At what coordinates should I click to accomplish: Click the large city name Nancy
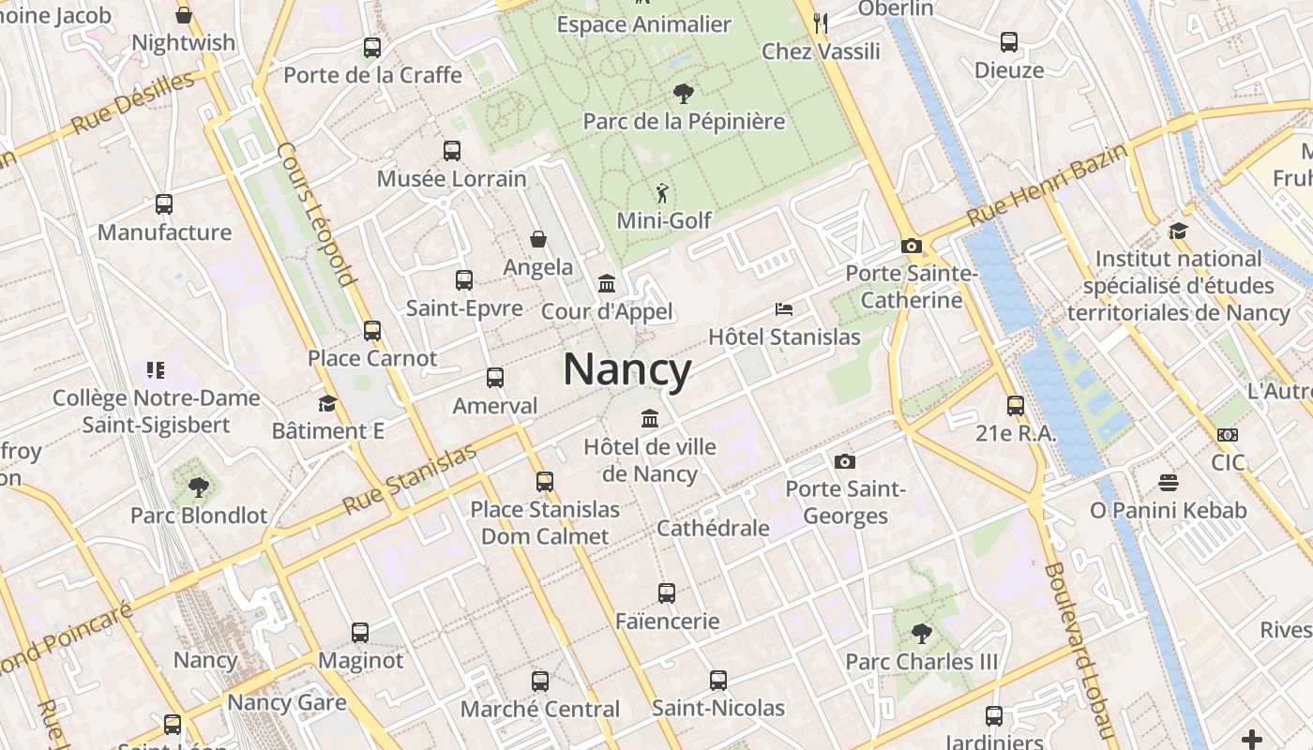pos(627,369)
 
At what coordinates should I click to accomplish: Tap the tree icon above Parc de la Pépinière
pos(684,93)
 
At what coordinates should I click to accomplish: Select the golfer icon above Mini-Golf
pos(663,193)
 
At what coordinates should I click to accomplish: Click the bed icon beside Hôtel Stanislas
pos(784,308)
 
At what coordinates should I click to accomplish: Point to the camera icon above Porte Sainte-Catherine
pos(911,246)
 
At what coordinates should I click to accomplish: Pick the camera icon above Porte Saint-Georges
pos(845,461)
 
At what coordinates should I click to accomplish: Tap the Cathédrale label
pos(713,528)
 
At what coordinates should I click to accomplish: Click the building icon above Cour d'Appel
pos(607,283)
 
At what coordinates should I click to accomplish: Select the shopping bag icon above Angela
pos(538,239)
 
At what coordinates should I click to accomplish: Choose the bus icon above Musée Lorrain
pos(452,150)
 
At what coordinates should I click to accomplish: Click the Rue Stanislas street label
pos(409,479)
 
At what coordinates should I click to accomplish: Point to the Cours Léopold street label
pos(317,214)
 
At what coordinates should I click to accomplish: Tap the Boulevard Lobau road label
pos(1079,647)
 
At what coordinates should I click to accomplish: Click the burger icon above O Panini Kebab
pos(1168,483)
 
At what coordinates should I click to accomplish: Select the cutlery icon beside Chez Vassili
pos(821,22)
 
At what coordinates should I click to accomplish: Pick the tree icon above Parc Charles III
pos(922,634)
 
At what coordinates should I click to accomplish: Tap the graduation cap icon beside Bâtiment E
pos(327,403)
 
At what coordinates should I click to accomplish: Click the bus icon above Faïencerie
pos(667,592)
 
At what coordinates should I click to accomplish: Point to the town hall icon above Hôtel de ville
pos(649,418)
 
